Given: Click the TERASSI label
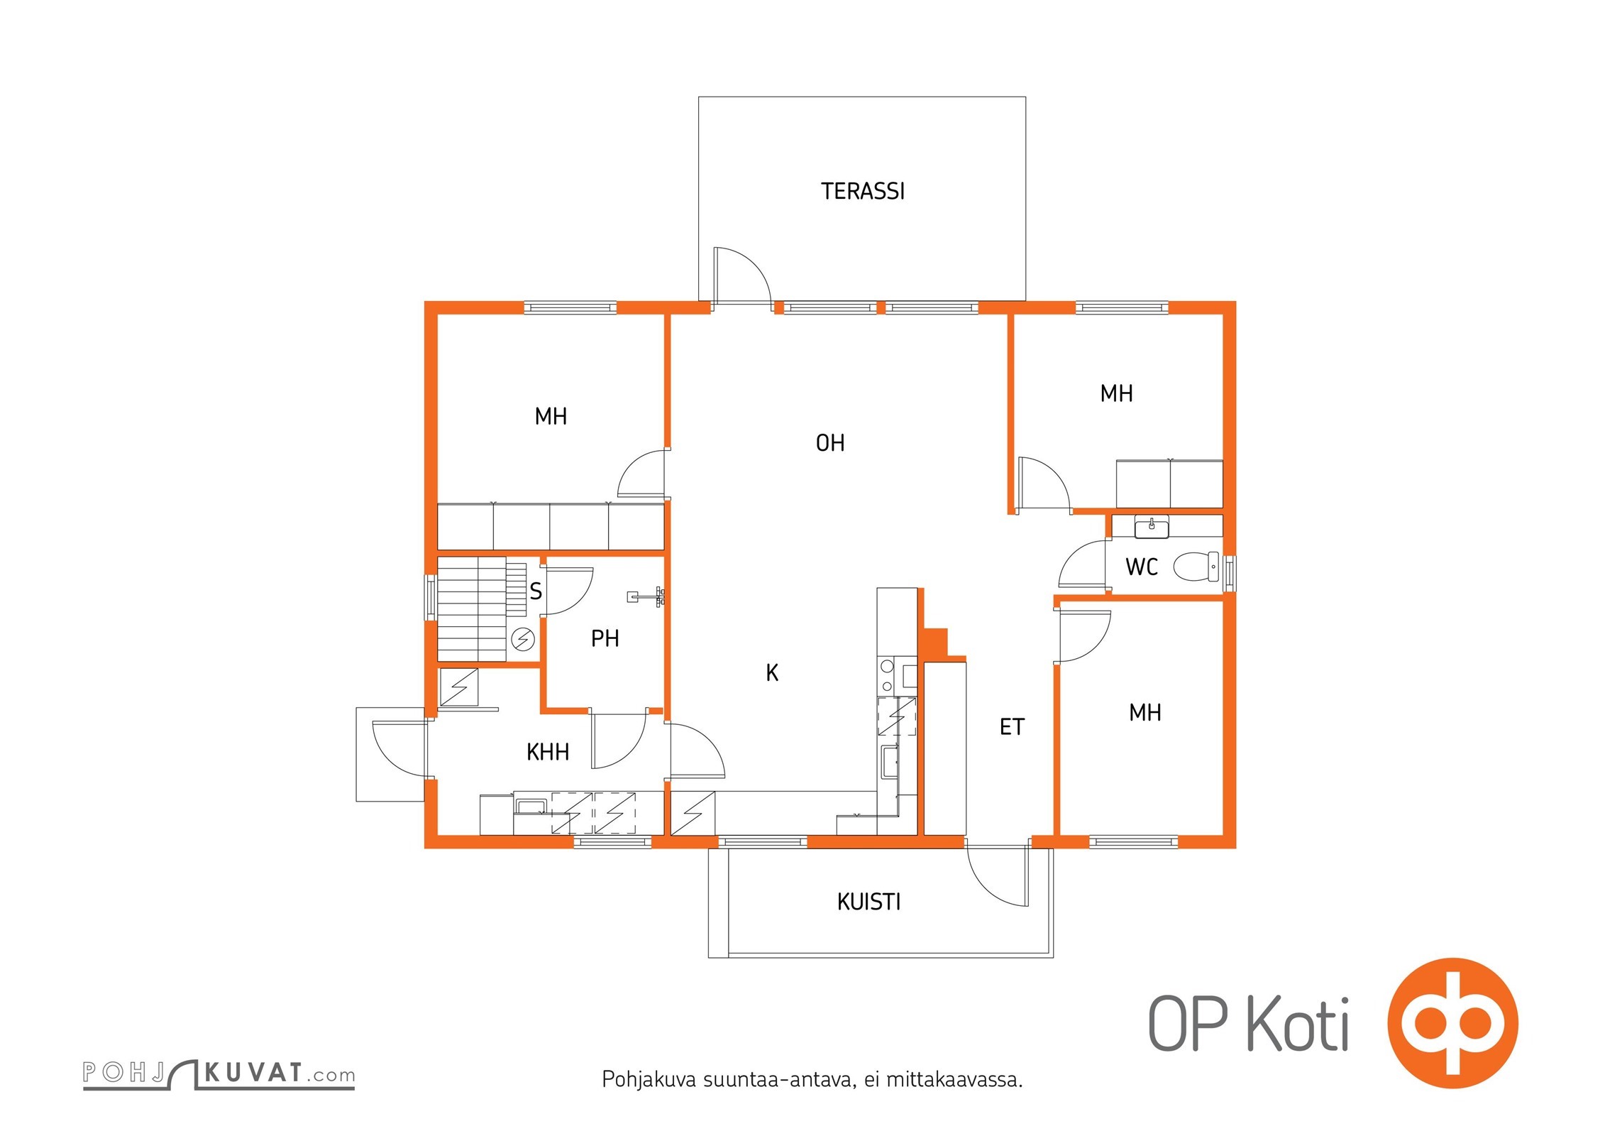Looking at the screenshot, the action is point(863,192).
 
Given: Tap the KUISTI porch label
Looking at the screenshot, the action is point(868,902).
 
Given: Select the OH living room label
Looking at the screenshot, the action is point(830,443).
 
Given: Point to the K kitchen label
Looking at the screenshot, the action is point(772,672).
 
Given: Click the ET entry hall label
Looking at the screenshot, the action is point(1012,727).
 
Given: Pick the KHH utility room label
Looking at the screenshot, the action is point(548,752).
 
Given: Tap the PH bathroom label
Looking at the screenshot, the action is point(605,639).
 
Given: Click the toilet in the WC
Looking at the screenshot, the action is point(1196,567).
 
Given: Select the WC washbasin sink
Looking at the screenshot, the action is point(1152,528).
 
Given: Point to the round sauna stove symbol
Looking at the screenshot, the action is point(523,640).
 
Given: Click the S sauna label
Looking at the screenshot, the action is point(536,591).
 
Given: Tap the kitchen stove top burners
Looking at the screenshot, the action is point(887,676).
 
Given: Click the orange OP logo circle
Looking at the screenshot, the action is point(1453,1023).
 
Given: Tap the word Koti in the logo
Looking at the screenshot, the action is point(1298,1024).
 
